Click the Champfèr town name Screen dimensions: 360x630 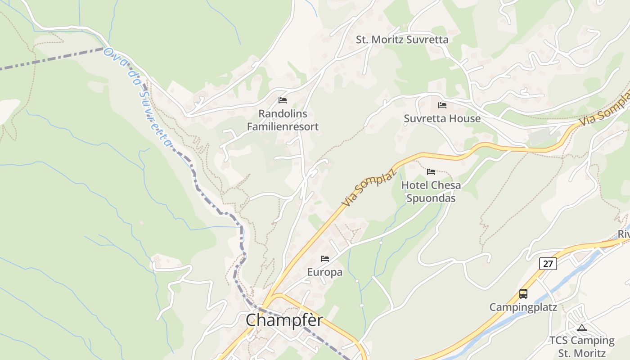pyautogui.click(x=284, y=320)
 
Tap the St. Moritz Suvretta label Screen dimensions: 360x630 pyautogui.click(x=402, y=40)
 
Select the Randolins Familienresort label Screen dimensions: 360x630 pyautogui.click(x=283, y=120)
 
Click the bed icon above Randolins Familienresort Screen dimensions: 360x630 pyautogui.click(x=283, y=100)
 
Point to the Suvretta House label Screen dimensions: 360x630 pyautogui.click(x=442, y=119)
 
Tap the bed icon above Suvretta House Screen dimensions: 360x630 pyautogui.click(x=442, y=105)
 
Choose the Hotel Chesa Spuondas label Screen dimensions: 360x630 pyautogui.click(x=431, y=192)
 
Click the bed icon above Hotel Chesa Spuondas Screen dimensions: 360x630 pyautogui.click(x=431, y=172)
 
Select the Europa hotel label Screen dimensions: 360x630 pyautogui.click(x=324, y=272)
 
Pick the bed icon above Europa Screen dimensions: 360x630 pyautogui.click(x=325, y=259)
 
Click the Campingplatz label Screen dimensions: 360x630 pyautogui.click(x=523, y=307)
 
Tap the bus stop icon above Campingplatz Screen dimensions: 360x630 pyautogui.click(x=523, y=294)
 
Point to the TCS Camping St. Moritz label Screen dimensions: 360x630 pyautogui.click(x=581, y=346)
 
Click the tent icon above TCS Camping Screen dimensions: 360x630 pyautogui.click(x=582, y=328)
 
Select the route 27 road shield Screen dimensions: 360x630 pyautogui.click(x=548, y=264)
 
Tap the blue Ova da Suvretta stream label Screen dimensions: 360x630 pyautogui.click(x=137, y=97)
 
